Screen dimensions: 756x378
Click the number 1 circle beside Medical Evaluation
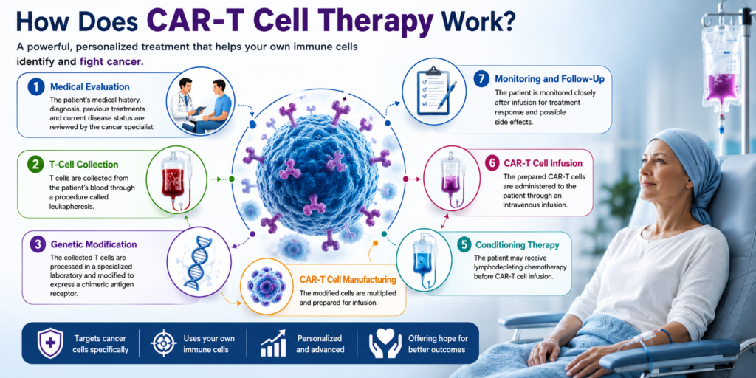[x=35, y=87]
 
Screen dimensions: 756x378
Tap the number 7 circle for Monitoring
[x=481, y=78]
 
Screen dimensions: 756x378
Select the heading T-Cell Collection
[x=84, y=165]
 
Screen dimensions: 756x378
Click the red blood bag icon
[x=176, y=179]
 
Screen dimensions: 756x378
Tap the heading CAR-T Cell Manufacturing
[x=348, y=279]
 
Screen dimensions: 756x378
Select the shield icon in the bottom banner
[x=50, y=343]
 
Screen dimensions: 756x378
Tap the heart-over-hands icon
[x=385, y=343]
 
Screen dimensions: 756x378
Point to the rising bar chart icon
[x=273, y=343]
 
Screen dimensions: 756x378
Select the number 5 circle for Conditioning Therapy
[x=464, y=245]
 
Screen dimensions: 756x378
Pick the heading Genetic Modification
[x=94, y=244]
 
